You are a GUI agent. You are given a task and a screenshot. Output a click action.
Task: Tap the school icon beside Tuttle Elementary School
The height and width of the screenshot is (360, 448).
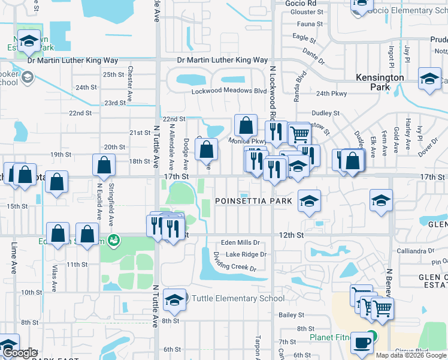point(174,299)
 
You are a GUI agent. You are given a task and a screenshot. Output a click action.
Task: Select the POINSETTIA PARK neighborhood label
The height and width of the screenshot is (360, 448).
point(253,201)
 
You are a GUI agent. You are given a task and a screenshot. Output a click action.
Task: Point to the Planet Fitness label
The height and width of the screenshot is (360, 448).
point(330,337)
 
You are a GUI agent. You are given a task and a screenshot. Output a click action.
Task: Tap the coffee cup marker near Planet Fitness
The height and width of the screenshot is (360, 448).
point(361,343)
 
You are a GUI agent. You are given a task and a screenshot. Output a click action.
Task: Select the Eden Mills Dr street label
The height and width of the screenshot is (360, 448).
point(240,243)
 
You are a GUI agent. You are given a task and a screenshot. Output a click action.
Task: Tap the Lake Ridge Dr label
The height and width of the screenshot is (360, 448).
point(246,254)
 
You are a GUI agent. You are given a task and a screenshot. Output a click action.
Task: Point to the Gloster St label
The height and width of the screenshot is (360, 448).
point(307,12)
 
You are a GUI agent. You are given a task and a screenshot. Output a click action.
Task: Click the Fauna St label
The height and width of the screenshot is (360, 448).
point(310,25)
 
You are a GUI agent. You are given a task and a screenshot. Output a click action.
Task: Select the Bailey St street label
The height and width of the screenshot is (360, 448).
point(292,314)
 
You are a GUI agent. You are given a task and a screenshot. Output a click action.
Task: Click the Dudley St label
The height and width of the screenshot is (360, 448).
point(326,113)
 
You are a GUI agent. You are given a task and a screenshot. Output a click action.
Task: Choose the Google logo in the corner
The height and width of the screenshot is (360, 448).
point(20,353)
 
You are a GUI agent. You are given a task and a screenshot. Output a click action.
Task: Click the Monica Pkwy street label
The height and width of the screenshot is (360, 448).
point(246,141)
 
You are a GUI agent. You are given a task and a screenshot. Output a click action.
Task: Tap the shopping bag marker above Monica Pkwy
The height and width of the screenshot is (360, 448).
point(246,126)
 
